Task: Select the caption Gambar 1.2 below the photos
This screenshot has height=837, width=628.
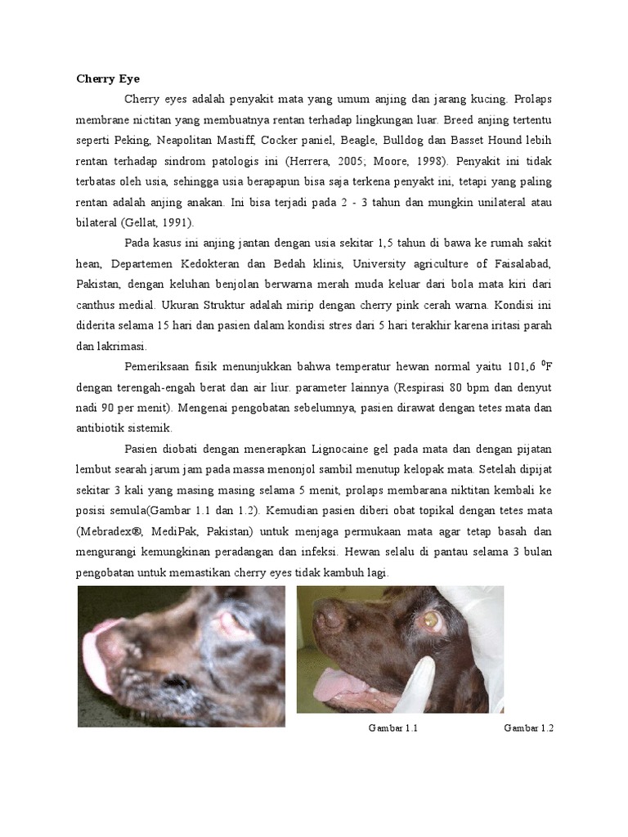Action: [x=529, y=727]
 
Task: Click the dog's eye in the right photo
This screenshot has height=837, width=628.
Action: [x=429, y=621]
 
